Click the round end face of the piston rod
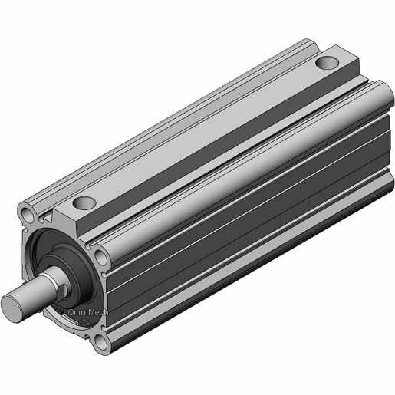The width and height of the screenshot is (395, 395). click(x=11, y=308)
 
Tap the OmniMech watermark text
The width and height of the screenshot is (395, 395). click(x=87, y=312)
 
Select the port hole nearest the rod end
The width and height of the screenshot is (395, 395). click(x=84, y=202)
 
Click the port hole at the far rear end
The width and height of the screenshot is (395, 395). click(x=327, y=63)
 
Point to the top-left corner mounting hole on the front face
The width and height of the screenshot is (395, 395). click(x=28, y=213)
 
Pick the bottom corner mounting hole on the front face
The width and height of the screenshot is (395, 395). click(x=101, y=342)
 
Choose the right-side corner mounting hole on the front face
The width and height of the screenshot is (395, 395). click(x=101, y=258)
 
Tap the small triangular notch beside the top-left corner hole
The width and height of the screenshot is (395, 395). click(x=48, y=219)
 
